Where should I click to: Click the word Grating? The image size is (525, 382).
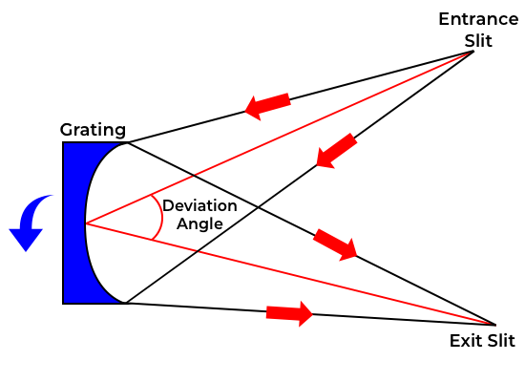point(93,130)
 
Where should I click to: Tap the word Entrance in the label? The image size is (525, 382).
point(478,19)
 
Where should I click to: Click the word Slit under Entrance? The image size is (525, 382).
point(478,41)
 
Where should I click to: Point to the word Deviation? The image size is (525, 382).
point(199,205)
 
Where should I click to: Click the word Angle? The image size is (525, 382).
point(199,223)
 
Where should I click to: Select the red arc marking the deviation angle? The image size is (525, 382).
point(162,217)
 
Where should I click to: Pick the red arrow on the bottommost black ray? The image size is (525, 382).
point(289,313)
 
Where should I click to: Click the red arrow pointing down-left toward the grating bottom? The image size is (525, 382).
point(336,151)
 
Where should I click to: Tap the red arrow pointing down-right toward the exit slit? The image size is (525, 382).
point(335,244)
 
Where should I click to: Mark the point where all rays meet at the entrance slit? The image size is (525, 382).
point(472,52)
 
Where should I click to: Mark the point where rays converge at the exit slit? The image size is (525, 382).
point(494,325)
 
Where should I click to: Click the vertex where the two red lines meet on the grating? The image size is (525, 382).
point(86,223)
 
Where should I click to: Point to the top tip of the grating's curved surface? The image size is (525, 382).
point(127,143)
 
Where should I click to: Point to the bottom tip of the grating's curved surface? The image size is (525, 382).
point(125,303)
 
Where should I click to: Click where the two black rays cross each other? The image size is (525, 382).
point(258,208)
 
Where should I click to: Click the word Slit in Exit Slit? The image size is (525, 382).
point(501,341)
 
